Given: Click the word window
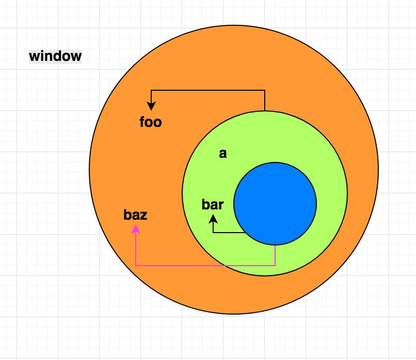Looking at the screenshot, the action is pos(55,56).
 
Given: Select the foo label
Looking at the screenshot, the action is pos(151,122).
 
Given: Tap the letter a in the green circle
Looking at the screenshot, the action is pos(223,154).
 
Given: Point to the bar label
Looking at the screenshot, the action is pos(213,204).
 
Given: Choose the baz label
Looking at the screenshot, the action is pos(135,215).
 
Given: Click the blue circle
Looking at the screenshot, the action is pos(275,204).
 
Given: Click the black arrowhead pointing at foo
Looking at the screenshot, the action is pos(151,106).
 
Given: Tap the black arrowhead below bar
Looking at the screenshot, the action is pos(213,219).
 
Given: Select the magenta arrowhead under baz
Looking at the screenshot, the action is pos(136,230).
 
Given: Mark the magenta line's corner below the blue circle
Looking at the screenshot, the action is pos(275,266).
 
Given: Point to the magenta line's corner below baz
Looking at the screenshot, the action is pos(136,266).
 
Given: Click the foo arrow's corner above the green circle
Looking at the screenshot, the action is pos(265,90).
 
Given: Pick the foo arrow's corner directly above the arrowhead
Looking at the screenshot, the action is pos(151,90).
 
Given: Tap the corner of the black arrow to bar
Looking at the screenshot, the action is pos(213,233).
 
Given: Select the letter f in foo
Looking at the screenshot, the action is pos(142,122).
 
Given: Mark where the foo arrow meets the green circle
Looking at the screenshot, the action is pos(265,111).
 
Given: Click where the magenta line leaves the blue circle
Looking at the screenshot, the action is pos(275,245).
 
